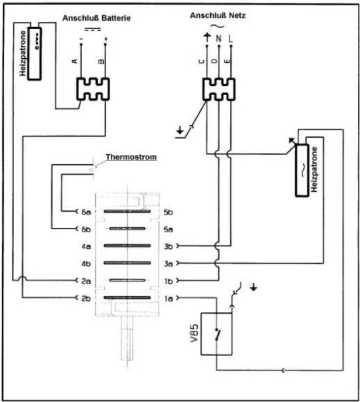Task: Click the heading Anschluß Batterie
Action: pos(97,18)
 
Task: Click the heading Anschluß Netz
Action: pos(217,16)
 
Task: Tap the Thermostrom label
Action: pos(131,157)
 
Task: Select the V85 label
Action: pos(194,333)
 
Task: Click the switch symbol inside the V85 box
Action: pos(217,334)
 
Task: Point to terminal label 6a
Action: pos(86,212)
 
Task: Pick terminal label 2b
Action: pos(86,299)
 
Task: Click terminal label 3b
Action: pos(168,247)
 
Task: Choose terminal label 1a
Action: pos(169,299)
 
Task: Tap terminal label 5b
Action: pos(168,212)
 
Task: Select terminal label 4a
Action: pos(86,247)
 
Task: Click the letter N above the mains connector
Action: pos(218,38)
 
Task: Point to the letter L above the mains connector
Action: pos(230,38)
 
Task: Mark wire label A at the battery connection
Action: pos(74,61)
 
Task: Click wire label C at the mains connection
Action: pos(201,61)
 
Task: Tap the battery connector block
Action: pos(93,89)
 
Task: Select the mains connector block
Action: pos(218,89)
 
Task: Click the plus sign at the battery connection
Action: pos(106,39)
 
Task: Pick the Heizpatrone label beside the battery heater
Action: pos(23,54)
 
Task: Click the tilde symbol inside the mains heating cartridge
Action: pos(303,170)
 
